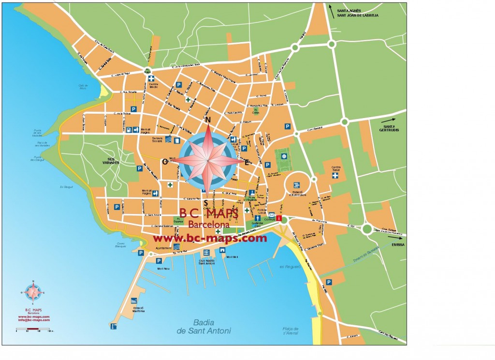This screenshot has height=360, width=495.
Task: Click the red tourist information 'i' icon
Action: click(x=279, y=218)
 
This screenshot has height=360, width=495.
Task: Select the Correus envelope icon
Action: click(x=272, y=214)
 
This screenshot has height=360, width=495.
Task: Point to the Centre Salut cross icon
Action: click(x=335, y=176)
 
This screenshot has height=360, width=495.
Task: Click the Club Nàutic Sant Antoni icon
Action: click(x=206, y=253)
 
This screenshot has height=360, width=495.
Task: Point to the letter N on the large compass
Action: click(x=208, y=120)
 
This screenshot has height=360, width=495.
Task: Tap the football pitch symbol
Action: click(x=284, y=156)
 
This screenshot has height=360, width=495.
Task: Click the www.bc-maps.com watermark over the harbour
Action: click(x=210, y=238)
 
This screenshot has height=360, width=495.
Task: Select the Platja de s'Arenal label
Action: click(x=290, y=331)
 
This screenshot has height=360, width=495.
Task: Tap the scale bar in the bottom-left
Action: click(x=32, y=330)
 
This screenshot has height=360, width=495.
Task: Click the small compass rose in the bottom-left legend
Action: click(x=33, y=292)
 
